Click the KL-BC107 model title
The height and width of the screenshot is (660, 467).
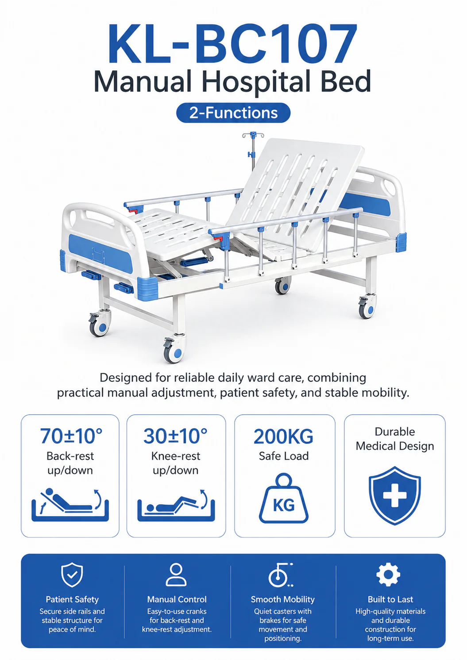[x=233, y=44]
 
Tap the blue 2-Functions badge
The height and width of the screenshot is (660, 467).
[x=233, y=113]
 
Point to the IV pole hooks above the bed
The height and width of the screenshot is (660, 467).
[x=253, y=135]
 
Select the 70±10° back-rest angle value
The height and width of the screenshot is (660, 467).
[x=71, y=436]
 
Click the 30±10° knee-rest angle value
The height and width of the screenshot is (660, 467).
[x=176, y=436]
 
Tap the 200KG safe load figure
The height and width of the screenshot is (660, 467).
[x=283, y=436]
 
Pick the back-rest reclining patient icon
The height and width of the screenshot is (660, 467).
[x=70, y=505]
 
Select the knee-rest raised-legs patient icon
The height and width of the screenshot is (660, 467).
[x=176, y=505]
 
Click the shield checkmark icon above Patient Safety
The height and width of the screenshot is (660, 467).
[x=72, y=575]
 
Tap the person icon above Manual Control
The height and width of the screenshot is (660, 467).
[x=176, y=575]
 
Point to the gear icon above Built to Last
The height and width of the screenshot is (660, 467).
[x=388, y=574]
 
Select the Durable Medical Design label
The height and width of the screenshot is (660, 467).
[x=395, y=439]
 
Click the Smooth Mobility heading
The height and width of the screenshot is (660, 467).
[x=283, y=599]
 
